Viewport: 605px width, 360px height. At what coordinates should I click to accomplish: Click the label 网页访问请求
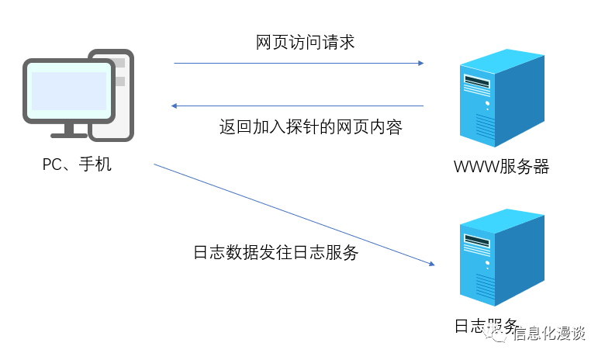305,42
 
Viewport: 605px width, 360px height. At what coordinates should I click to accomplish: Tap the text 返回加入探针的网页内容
310,127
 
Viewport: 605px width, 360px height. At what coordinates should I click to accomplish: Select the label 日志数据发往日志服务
275,253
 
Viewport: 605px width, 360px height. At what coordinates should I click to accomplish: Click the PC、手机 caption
77,164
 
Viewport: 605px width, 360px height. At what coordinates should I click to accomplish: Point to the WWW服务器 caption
502,167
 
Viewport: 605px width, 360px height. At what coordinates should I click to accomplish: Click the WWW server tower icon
496,97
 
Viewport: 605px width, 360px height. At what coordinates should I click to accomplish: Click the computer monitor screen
68,90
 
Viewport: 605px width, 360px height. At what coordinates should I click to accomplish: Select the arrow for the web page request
299,63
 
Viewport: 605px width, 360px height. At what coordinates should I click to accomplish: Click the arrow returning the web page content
299,106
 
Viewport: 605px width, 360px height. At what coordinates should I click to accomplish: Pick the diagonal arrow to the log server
295,215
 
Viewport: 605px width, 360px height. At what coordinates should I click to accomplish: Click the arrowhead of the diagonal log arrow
430,265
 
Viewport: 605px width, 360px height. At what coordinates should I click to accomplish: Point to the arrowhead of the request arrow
420,63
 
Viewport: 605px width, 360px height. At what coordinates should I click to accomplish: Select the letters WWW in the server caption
473,167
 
